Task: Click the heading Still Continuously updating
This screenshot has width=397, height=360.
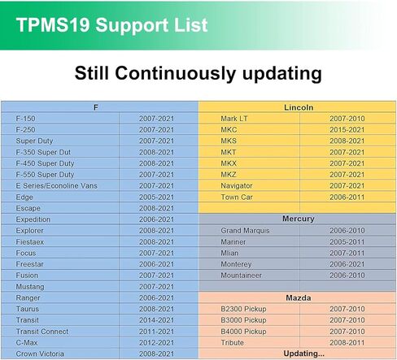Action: click(x=198, y=74)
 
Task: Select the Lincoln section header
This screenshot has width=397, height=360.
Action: click(x=298, y=107)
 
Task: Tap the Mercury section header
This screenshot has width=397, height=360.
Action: click(x=298, y=219)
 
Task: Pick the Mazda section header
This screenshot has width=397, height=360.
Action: click(x=298, y=298)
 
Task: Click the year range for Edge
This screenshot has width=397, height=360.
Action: click(x=156, y=197)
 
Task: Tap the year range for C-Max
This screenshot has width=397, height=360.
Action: click(x=156, y=343)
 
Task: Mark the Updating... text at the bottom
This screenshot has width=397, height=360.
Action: click(x=298, y=354)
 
